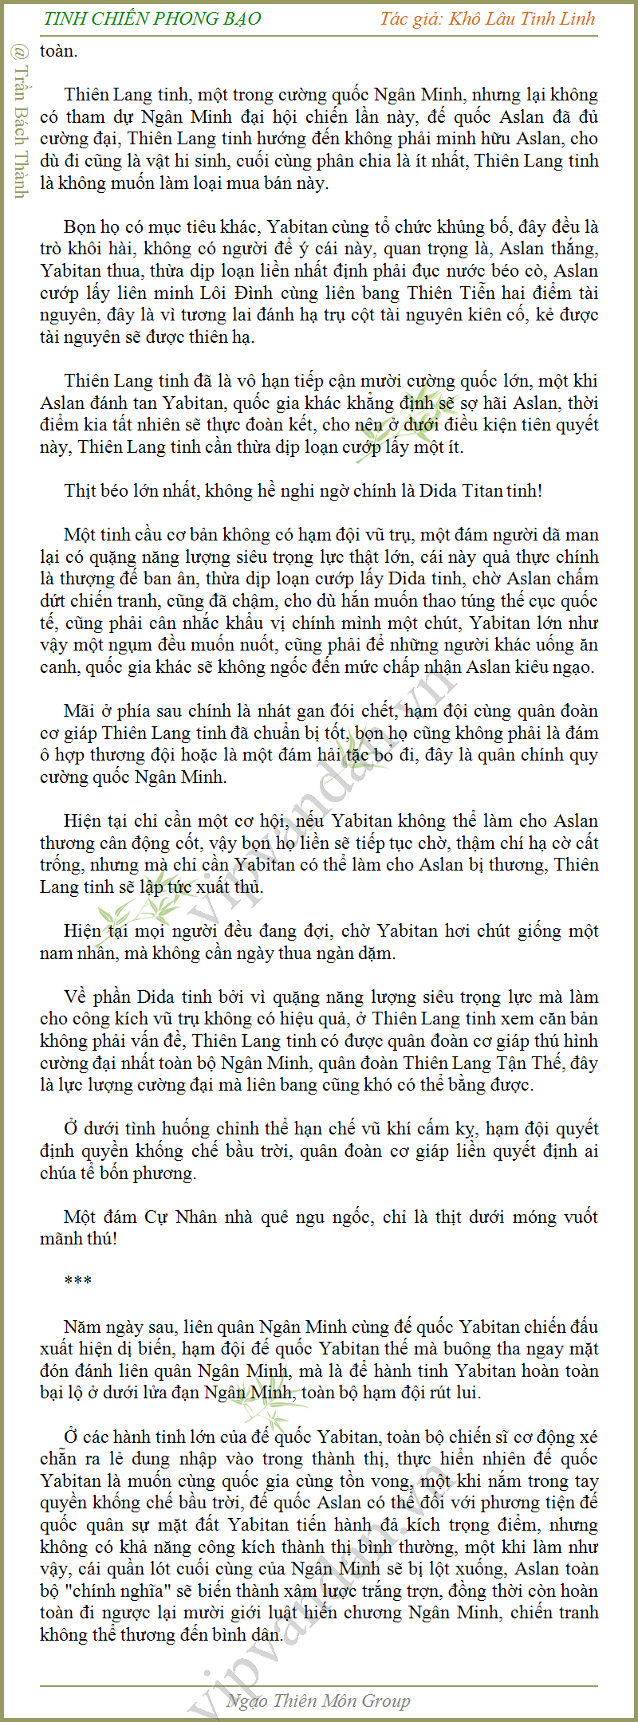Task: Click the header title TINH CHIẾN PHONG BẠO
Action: [x=152, y=18]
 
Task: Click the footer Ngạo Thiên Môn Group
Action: [x=318, y=1700]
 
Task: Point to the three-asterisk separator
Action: [x=78, y=1281]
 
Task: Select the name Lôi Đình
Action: [x=236, y=293]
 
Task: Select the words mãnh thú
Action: [x=78, y=1238]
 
